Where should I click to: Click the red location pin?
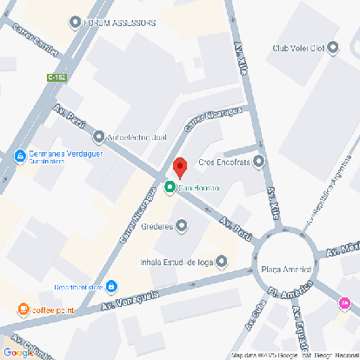point(179,166)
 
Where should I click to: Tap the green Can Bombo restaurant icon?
point(170,187)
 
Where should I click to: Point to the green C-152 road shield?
point(57,78)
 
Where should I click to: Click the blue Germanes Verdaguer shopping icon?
point(20,156)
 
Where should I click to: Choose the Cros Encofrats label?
point(224,161)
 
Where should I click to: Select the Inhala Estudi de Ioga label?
point(177,260)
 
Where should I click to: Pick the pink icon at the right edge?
point(344,303)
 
